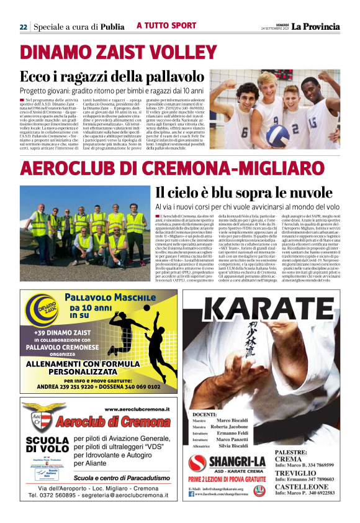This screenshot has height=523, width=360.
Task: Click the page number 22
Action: (x=23, y=27)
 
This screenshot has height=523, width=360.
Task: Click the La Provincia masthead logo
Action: (x=316, y=26)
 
